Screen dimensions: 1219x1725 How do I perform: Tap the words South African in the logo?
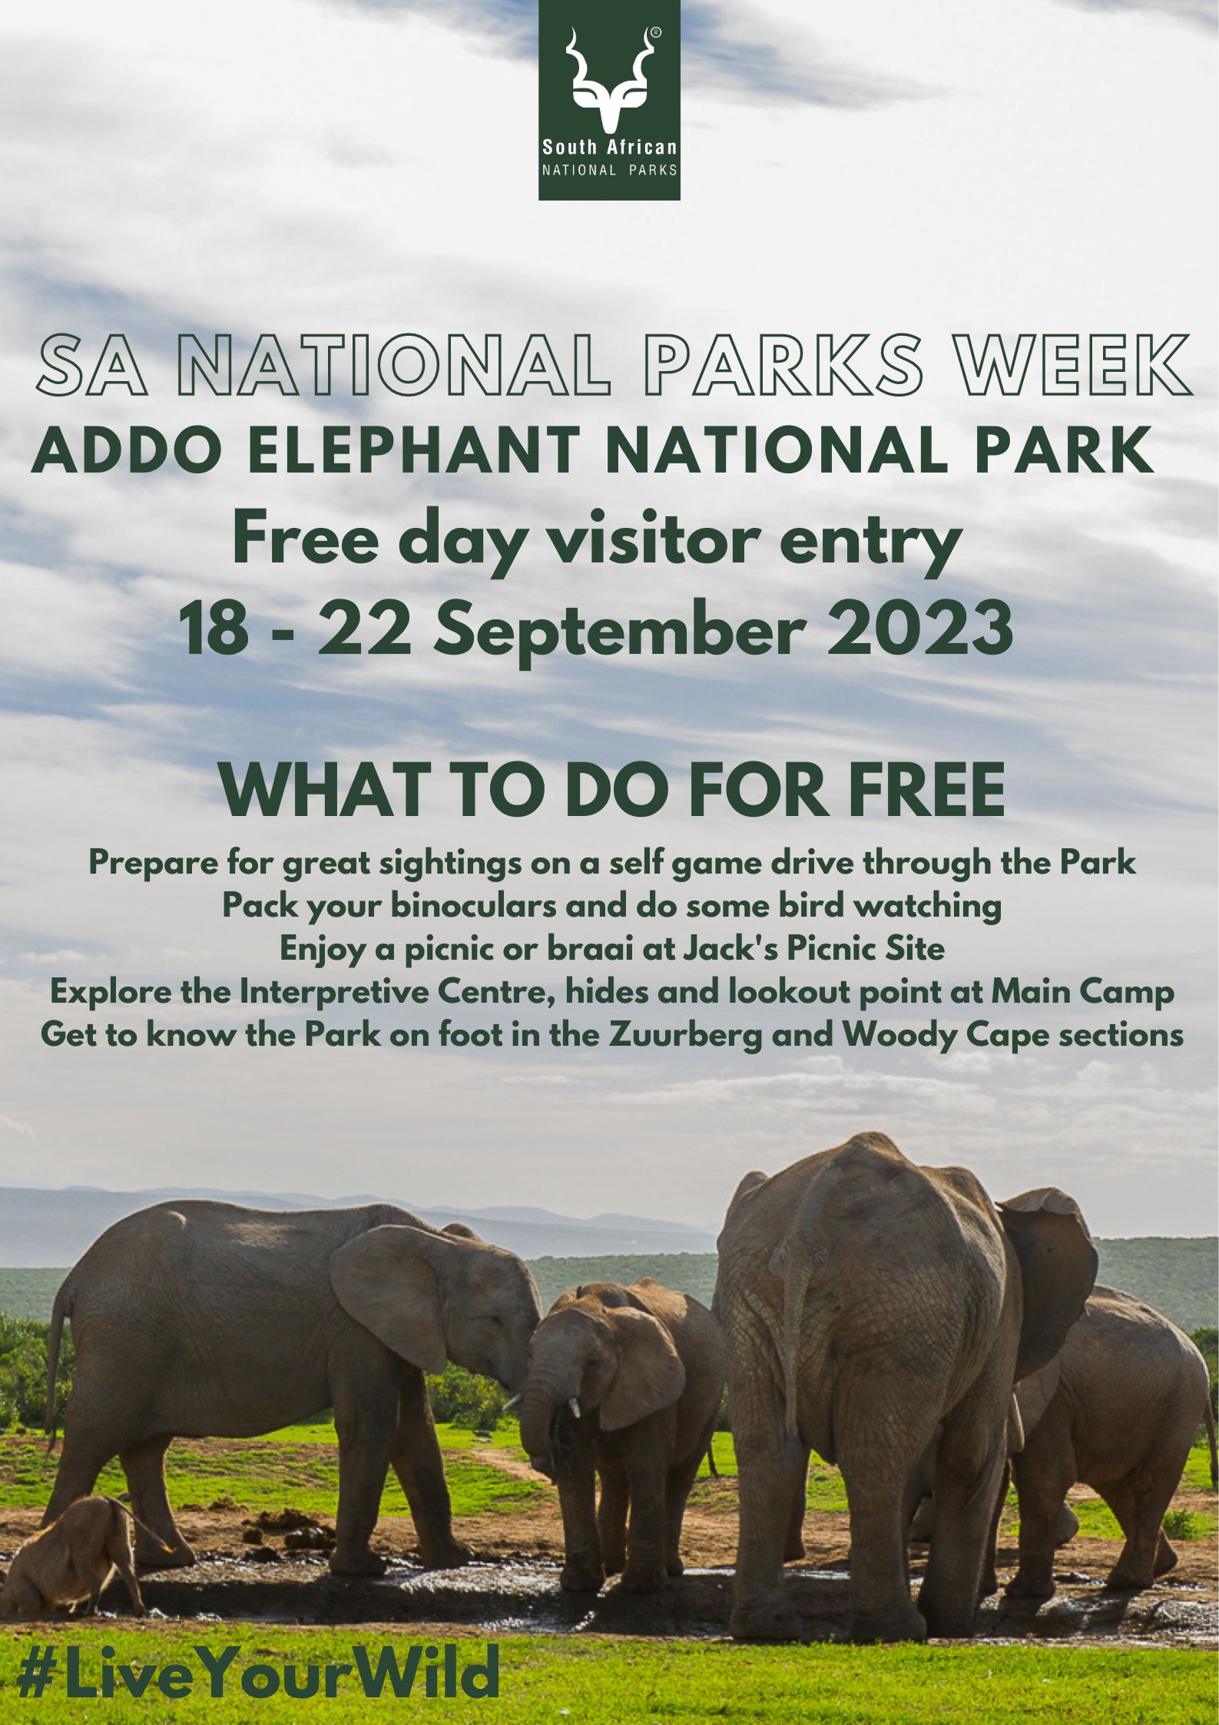610,147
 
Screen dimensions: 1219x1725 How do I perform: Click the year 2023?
919,627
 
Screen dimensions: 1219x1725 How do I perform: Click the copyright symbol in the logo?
655,33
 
